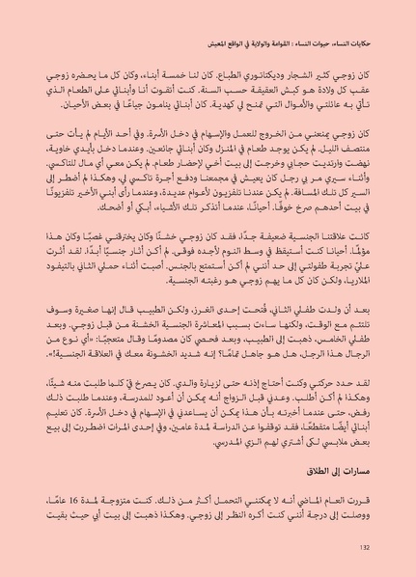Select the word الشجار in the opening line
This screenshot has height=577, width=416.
coord(291,74)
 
